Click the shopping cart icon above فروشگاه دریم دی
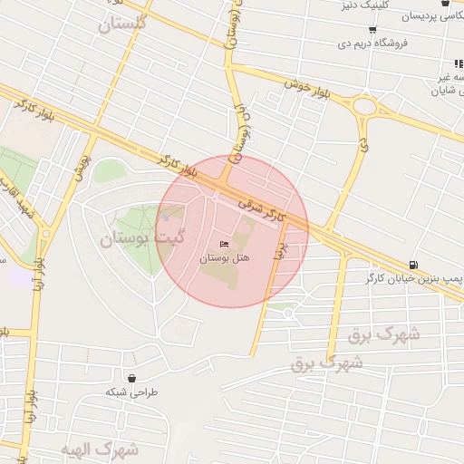(x=347, y=30)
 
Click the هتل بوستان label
(x=226, y=258)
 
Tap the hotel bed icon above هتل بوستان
(x=226, y=244)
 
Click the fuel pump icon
(x=413, y=262)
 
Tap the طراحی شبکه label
(x=132, y=391)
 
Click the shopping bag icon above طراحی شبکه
(x=132, y=378)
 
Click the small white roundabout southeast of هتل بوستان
(x=287, y=313)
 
